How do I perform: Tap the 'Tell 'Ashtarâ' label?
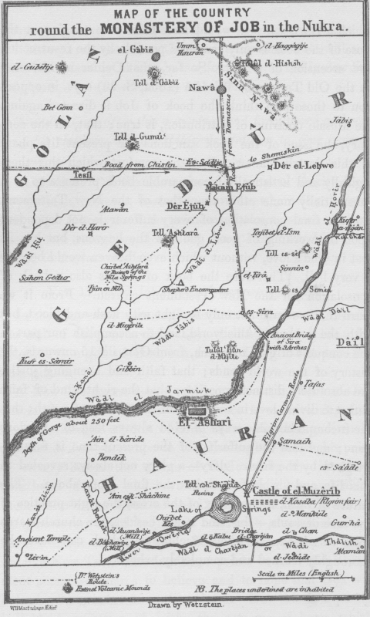click(171, 232)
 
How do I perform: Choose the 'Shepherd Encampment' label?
click(207, 290)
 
